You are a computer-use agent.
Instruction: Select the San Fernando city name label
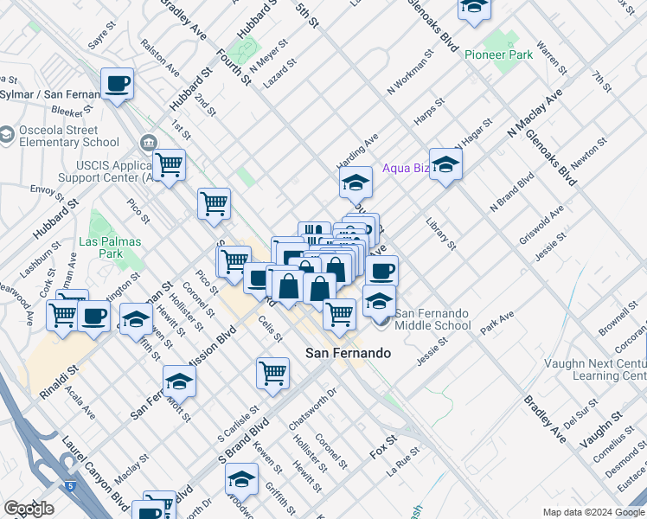click(349, 353)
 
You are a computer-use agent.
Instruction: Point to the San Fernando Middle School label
click(432, 318)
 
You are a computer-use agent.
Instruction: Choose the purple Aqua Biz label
click(406, 168)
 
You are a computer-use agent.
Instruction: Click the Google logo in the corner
click(29, 509)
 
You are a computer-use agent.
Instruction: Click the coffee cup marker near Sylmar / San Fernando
click(117, 85)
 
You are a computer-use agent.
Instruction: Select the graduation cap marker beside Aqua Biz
click(445, 163)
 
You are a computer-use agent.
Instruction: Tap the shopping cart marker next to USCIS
click(170, 163)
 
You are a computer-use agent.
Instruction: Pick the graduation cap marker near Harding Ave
click(355, 183)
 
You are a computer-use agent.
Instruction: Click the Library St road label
click(441, 234)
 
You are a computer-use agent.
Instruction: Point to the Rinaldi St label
click(58, 381)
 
